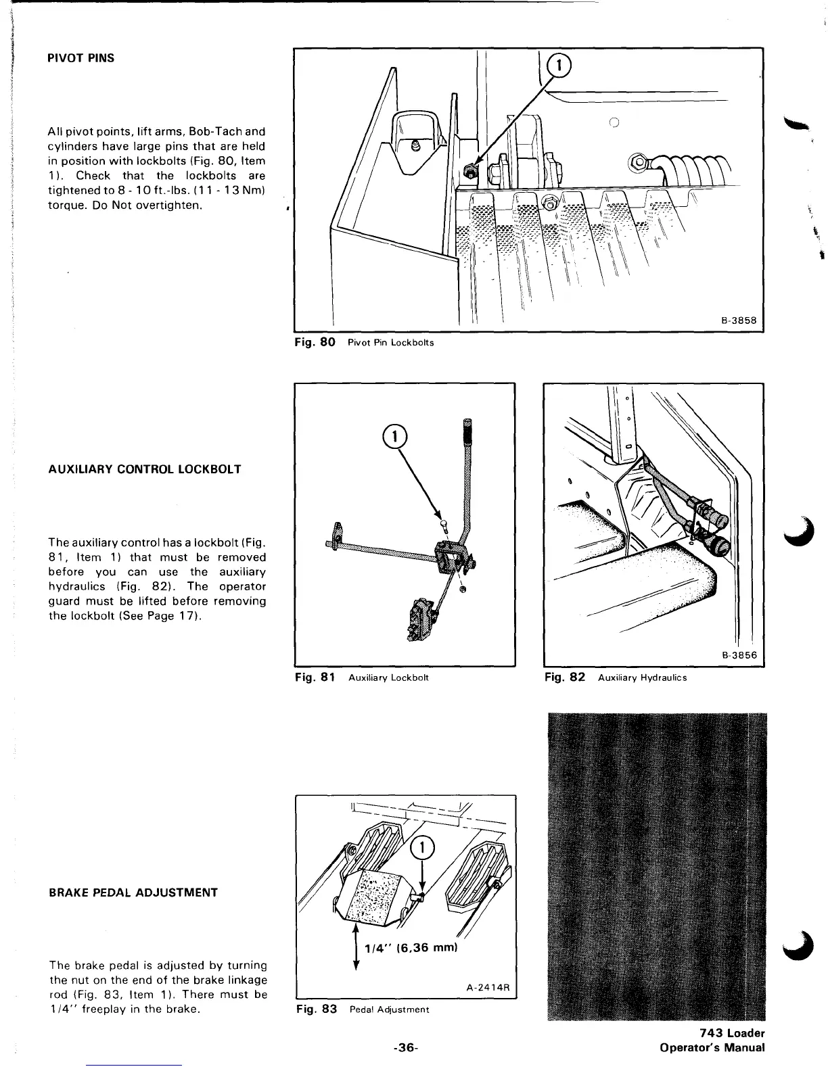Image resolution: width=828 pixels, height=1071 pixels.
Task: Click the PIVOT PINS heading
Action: click(x=80, y=58)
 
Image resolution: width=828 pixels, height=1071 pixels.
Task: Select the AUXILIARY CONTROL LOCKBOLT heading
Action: click(x=145, y=469)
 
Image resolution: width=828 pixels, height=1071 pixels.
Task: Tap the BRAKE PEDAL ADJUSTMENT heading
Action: click(x=133, y=892)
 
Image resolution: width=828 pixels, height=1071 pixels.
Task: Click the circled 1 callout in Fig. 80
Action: click(x=559, y=66)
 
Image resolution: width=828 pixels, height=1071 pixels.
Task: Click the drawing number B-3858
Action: click(x=739, y=320)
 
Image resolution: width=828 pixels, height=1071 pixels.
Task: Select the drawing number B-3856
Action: click(x=739, y=655)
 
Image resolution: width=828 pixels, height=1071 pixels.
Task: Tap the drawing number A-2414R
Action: click(x=488, y=986)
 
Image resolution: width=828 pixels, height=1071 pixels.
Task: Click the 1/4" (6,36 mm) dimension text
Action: click(x=411, y=949)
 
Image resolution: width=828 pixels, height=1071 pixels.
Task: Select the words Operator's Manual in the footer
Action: click(x=712, y=1048)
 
